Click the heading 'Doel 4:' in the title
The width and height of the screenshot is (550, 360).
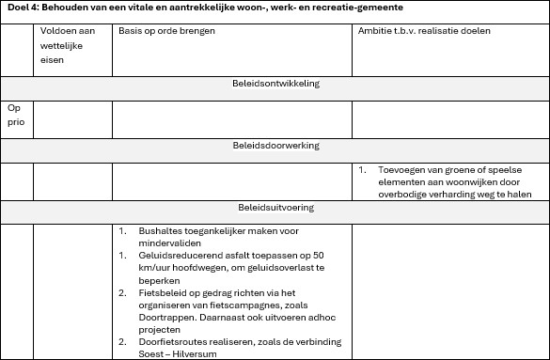click(x=21, y=8)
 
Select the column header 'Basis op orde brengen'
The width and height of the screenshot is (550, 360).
click(x=166, y=31)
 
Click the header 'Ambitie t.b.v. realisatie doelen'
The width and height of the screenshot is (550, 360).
click(x=424, y=31)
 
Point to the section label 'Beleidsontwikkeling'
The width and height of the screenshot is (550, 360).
click(x=275, y=84)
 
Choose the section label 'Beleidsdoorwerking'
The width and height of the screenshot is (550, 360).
click(x=275, y=146)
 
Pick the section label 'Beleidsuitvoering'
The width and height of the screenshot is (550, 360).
click(x=275, y=208)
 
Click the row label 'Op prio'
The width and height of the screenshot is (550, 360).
click(x=15, y=115)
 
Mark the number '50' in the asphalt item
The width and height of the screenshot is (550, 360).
click(x=318, y=255)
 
